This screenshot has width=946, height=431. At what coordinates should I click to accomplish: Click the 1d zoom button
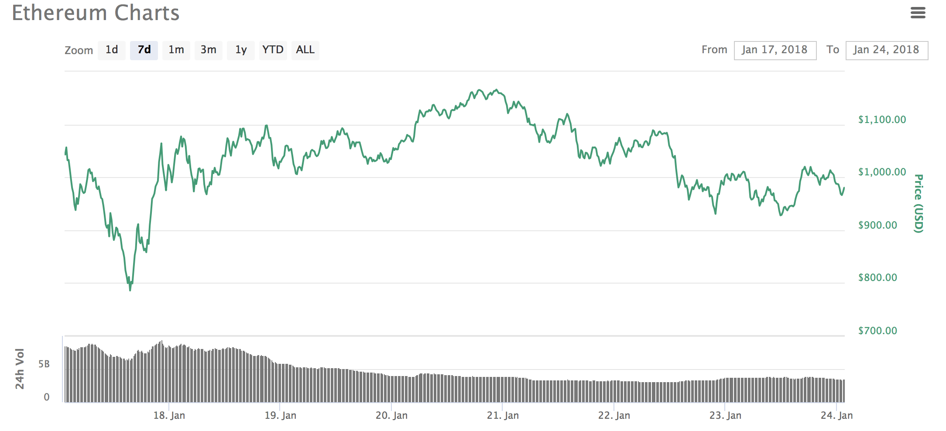pos(112,50)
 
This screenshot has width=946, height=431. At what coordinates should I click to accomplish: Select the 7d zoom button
pos(144,50)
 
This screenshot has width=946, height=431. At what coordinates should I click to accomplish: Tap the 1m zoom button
pos(176,50)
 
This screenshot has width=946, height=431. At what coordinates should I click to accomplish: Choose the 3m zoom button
pos(209,50)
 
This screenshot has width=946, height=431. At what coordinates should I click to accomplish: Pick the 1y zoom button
pos(241,50)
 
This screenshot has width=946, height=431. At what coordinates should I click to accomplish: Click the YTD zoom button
pos(273,50)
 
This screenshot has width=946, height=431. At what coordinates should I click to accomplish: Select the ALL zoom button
pos(305,50)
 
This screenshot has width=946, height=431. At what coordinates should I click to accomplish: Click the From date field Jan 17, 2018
pos(775,50)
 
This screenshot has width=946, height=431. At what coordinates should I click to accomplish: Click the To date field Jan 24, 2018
pos(886,50)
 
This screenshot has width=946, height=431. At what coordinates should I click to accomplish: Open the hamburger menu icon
pos(918,13)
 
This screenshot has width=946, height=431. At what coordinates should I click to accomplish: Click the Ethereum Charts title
pos(96,13)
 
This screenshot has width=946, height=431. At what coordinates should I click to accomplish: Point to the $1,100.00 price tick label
pos(882,120)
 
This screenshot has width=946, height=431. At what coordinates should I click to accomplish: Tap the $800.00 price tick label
pos(877,277)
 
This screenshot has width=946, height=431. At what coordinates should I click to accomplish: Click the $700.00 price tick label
pos(877,331)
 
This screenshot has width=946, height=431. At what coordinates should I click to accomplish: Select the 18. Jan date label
pos(169,415)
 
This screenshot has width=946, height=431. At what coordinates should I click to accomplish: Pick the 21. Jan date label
pos(503,415)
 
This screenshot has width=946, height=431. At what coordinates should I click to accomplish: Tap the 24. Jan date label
pos(836,415)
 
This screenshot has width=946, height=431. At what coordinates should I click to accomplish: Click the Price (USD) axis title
pos(919,203)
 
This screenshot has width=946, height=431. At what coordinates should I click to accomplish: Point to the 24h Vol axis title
pos(20,369)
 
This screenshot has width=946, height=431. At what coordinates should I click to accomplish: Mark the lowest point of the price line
pos(130,290)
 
